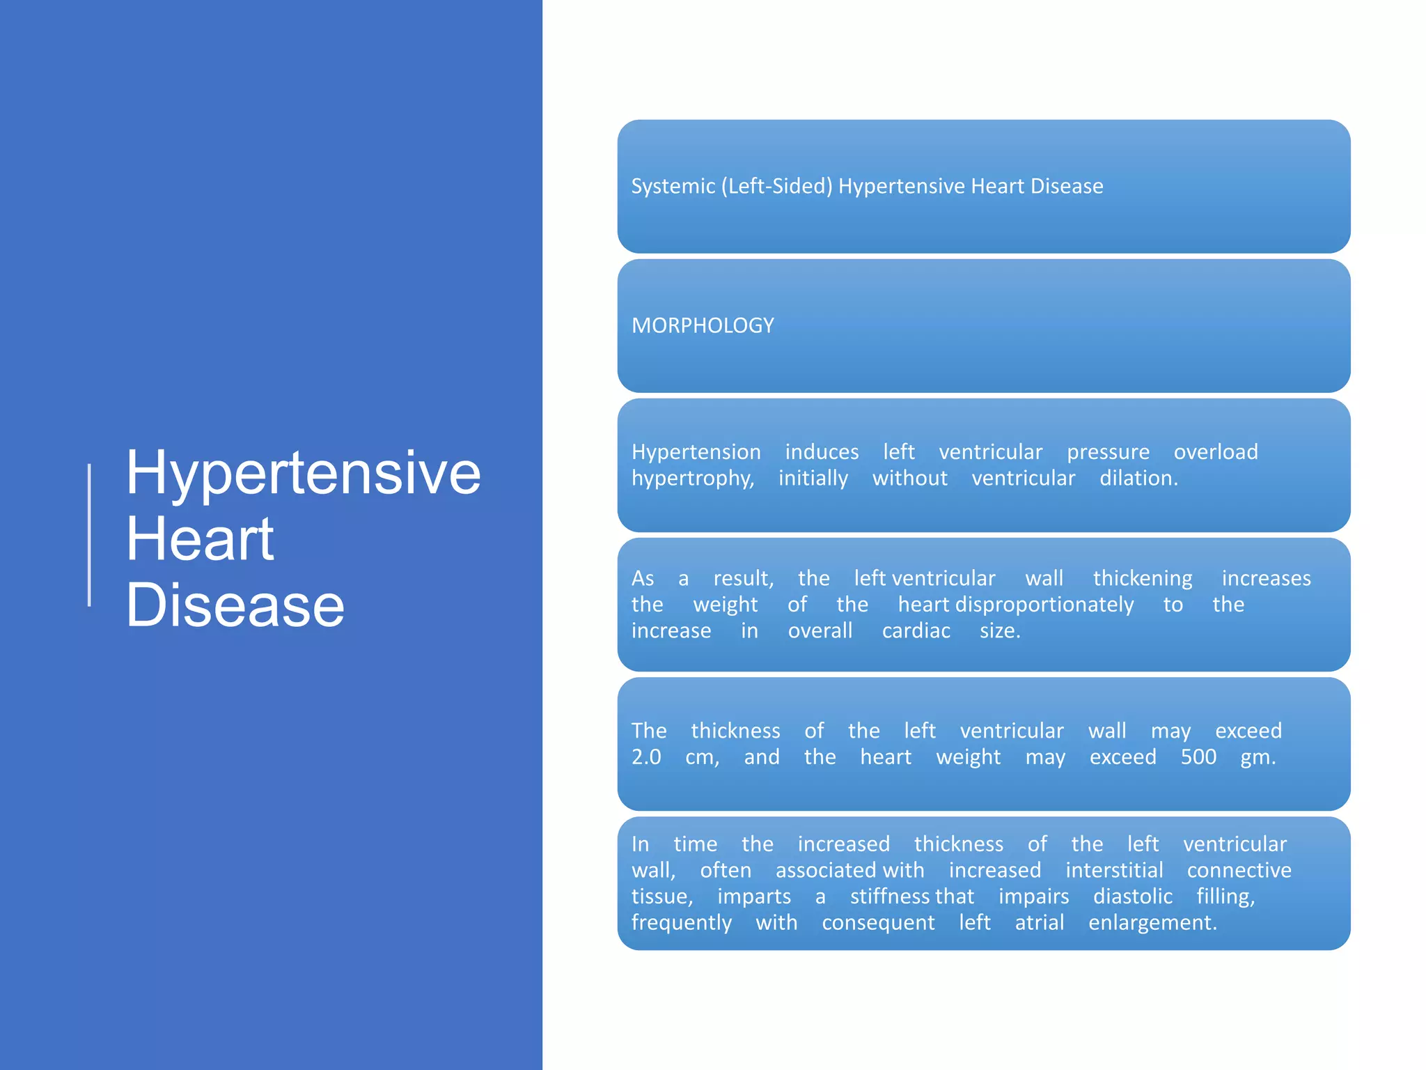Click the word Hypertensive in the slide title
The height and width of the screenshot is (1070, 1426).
pyautogui.click(x=303, y=474)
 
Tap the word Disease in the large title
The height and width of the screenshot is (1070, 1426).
pyautogui.click(x=235, y=605)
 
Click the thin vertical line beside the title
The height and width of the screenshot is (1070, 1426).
pyautogui.click(x=89, y=535)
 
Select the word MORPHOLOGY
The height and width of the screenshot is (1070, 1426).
pyautogui.click(x=702, y=325)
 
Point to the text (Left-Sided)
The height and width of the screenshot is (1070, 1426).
pyautogui.click(x=776, y=186)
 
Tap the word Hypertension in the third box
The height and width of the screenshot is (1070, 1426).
pyautogui.click(x=696, y=452)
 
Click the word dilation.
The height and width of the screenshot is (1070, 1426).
pyautogui.click(x=1138, y=479)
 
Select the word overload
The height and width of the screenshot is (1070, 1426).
pyautogui.click(x=1216, y=452)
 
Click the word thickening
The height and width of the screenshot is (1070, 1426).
pyautogui.click(x=1143, y=578)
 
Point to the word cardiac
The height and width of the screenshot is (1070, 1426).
pyautogui.click(x=916, y=631)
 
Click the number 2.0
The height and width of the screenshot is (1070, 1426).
pyautogui.click(x=646, y=757)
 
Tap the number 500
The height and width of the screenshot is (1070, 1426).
pyautogui.click(x=1198, y=757)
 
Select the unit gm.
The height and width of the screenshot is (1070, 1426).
pyautogui.click(x=1257, y=757)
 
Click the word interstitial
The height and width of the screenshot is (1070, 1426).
pyautogui.click(x=1114, y=870)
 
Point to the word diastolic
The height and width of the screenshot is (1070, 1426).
pyautogui.click(x=1133, y=897)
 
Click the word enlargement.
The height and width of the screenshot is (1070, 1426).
pyautogui.click(x=1152, y=923)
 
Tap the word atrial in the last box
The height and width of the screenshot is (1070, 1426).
pyautogui.click(x=1039, y=923)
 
